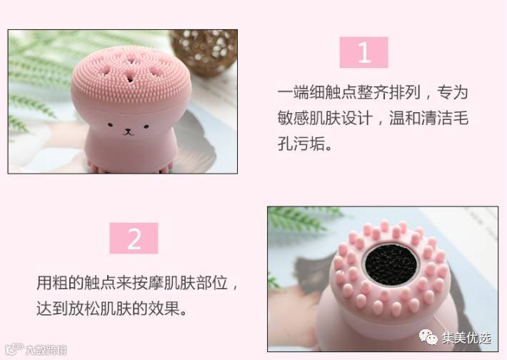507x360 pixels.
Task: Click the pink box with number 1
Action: click(x=363, y=52)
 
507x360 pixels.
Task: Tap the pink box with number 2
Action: click(x=134, y=238)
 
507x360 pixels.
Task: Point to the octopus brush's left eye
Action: click(x=110, y=124)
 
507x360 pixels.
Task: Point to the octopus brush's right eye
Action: click(x=146, y=126)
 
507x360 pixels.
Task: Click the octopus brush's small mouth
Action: click(x=129, y=131)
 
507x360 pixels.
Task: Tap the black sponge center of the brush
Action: click(x=391, y=264)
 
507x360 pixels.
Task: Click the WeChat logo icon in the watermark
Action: click(x=428, y=336)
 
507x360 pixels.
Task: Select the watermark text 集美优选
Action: click(x=466, y=338)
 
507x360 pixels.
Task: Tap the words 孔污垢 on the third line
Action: click(x=301, y=144)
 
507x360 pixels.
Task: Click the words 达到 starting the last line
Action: click(x=52, y=309)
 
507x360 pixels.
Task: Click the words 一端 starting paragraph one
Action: click(x=293, y=92)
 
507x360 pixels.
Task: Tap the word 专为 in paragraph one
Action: click(x=453, y=92)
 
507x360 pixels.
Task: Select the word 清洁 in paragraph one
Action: click(x=437, y=118)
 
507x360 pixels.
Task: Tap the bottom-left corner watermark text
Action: click(x=36, y=349)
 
